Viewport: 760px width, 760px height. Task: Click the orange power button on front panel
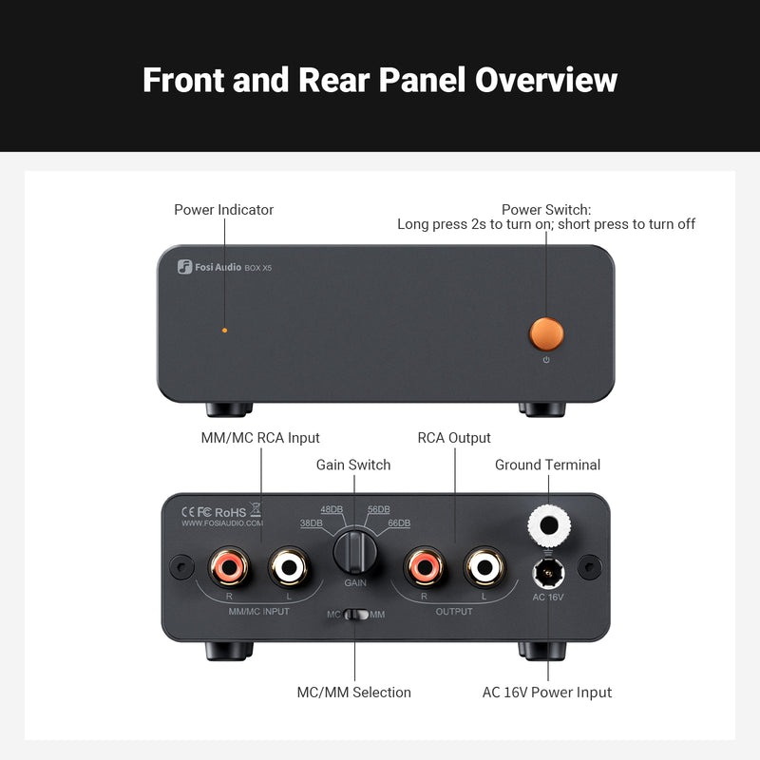point(546,333)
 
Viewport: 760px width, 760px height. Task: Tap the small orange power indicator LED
point(224,331)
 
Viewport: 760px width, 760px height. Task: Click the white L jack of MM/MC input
point(289,568)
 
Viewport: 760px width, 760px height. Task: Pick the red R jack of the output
point(424,568)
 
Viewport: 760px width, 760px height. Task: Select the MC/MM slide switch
point(356,615)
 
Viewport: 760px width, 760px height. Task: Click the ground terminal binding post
point(547,523)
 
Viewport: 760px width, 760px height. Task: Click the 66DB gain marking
point(398,523)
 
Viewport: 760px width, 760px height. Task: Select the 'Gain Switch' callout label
point(353,465)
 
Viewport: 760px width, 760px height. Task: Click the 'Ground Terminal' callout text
point(547,465)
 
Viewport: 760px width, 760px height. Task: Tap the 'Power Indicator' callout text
point(223,209)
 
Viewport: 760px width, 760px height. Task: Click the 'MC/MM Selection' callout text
point(353,692)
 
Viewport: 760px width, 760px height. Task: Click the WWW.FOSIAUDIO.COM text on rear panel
point(222,522)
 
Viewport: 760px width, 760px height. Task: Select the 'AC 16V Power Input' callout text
point(547,692)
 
